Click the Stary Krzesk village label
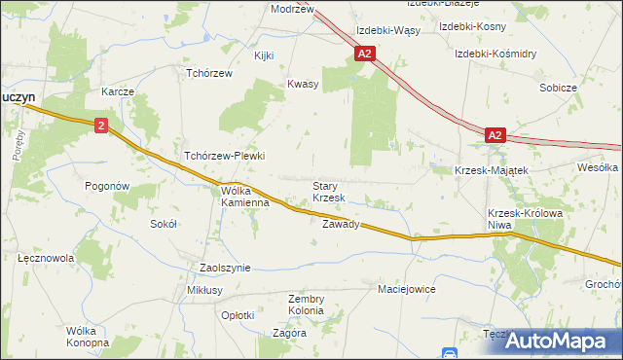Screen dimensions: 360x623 (329, 192)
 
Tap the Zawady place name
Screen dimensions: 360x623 (341, 224)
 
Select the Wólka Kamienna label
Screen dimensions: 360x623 (244, 198)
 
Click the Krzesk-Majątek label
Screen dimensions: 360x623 (492, 170)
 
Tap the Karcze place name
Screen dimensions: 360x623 (117, 91)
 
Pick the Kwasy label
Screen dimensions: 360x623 (303, 84)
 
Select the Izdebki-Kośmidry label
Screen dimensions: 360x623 (495, 53)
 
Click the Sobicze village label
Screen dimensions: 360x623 (559, 88)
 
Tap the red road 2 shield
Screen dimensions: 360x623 (101, 126)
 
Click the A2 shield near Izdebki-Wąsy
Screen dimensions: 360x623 (364, 55)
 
